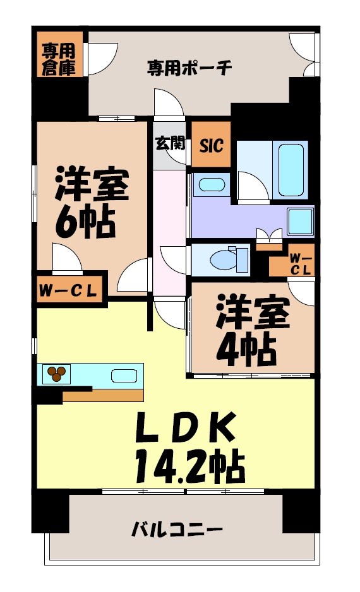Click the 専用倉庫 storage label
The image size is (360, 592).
[x=59, y=58]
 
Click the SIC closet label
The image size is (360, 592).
[x=211, y=145]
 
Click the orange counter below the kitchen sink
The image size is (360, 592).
[x=104, y=395]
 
